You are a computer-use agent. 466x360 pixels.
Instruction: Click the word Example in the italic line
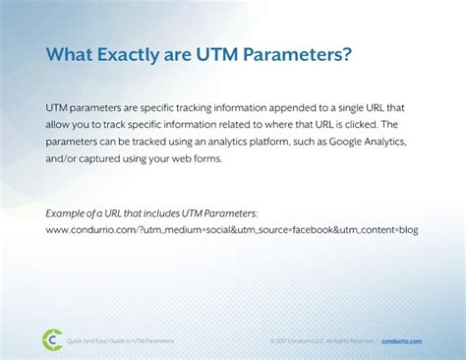[69, 213]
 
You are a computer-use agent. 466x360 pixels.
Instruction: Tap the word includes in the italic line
[166, 213]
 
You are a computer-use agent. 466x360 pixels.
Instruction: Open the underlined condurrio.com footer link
[401, 340]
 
